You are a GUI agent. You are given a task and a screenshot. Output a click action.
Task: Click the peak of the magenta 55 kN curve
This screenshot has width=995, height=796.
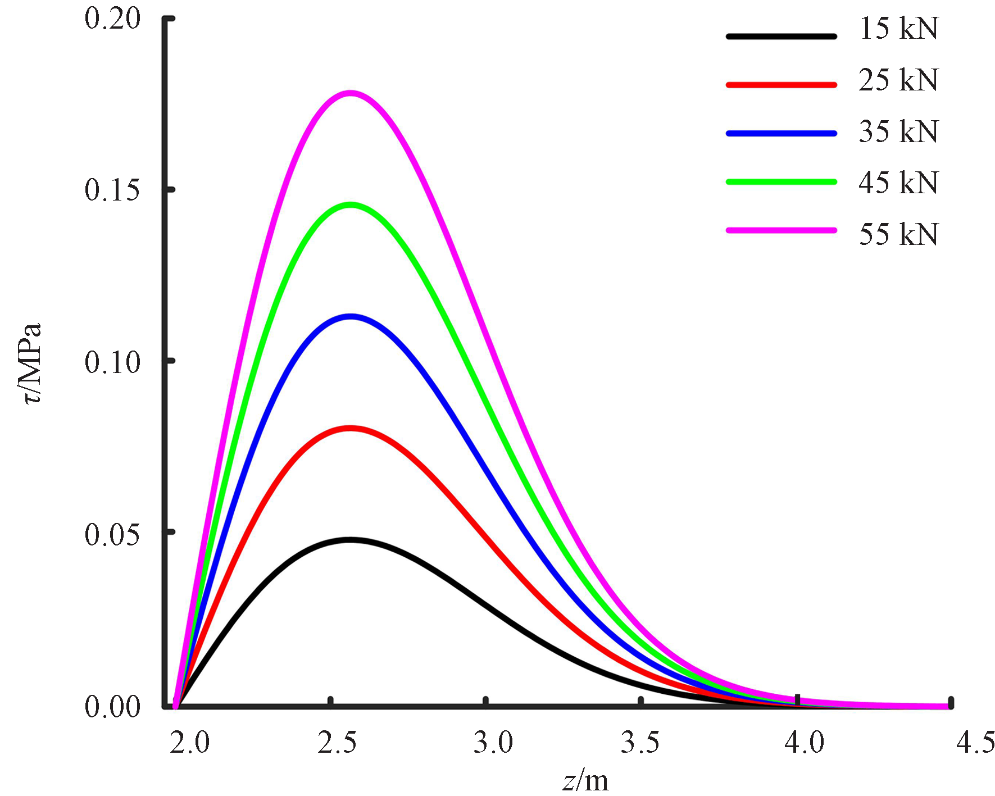(x=351, y=93)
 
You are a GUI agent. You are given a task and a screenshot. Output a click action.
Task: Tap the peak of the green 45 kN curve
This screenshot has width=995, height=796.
(x=351, y=205)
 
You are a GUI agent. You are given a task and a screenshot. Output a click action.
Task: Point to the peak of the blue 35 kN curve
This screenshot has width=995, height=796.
(x=351, y=317)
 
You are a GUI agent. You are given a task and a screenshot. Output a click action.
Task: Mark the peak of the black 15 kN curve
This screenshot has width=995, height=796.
(x=350, y=540)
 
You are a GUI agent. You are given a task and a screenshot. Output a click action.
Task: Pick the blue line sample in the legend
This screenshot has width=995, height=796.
(x=781, y=134)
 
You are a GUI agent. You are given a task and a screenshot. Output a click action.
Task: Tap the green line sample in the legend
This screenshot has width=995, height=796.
(x=781, y=182)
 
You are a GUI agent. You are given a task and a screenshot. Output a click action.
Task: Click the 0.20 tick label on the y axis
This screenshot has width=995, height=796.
(x=112, y=19)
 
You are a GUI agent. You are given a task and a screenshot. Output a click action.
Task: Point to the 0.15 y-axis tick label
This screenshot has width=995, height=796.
(x=112, y=190)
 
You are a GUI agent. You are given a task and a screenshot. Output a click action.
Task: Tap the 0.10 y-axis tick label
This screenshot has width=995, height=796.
(x=112, y=362)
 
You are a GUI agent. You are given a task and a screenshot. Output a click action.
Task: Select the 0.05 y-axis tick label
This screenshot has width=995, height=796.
(x=112, y=534)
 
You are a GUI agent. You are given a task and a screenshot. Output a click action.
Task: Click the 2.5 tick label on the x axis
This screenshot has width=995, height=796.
(x=337, y=743)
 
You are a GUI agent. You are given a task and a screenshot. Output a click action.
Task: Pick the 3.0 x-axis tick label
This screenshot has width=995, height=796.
(x=493, y=743)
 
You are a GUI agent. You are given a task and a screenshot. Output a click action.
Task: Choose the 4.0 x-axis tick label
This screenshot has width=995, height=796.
(x=804, y=743)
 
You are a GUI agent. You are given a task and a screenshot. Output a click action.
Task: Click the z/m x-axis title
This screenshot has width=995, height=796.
(x=585, y=781)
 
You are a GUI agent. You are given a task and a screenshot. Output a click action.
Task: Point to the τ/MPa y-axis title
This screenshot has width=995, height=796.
(x=32, y=363)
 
